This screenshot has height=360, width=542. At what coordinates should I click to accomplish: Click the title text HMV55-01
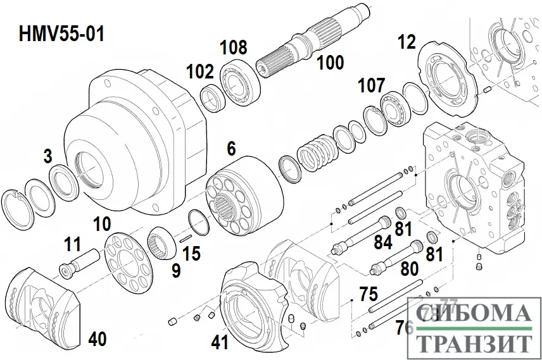point(61,33)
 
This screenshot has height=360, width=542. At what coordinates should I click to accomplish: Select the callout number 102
point(200,72)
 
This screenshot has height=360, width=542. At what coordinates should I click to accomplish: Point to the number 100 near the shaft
point(331,63)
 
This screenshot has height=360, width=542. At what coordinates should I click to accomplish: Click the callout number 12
point(406,42)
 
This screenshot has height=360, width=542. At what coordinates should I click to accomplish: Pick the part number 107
point(372,85)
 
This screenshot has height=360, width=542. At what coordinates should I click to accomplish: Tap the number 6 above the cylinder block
point(231,149)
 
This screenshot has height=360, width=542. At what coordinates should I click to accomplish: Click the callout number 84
point(382,241)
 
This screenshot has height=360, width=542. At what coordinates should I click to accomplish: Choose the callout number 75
point(368,295)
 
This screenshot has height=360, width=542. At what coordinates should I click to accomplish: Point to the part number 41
point(219,343)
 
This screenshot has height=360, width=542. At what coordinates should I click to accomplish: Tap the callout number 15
point(191,254)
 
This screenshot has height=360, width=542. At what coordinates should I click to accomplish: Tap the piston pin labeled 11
point(79,263)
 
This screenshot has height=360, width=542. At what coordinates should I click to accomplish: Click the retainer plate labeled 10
point(130,261)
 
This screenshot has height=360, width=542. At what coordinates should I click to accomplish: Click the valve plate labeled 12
point(449,83)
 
